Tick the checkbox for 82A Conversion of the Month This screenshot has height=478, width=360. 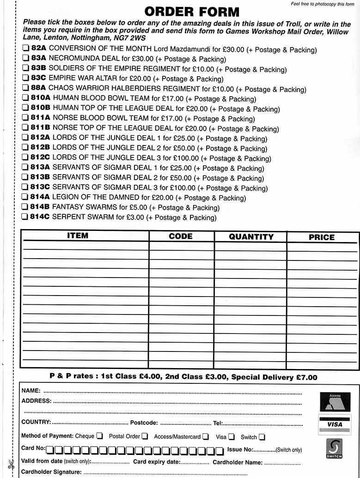[x=25, y=49]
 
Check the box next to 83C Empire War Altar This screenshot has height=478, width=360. [x=25, y=79]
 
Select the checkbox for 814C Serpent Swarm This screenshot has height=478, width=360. [x=25, y=218]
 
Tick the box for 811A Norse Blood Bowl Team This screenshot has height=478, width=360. [x=25, y=119]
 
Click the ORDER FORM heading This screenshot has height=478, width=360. [x=192, y=12]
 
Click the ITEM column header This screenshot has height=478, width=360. [x=78, y=236]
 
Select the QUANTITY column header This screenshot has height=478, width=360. [x=251, y=236]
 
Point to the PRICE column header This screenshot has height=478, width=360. [x=322, y=237]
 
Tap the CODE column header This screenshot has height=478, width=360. [x=181, y=236]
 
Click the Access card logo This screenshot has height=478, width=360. [x=335, y=401]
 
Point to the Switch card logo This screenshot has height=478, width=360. [x=334, y=448]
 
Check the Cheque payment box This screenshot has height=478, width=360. [x=99, y=436]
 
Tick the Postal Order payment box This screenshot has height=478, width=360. [x=145, y=436]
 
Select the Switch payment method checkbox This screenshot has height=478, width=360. [x=262, y=436]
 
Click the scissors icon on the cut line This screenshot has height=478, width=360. [x=11, y=465]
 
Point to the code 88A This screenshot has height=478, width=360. [x=39, y=89]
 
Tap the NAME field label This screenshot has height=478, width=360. [x=31, y=391]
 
